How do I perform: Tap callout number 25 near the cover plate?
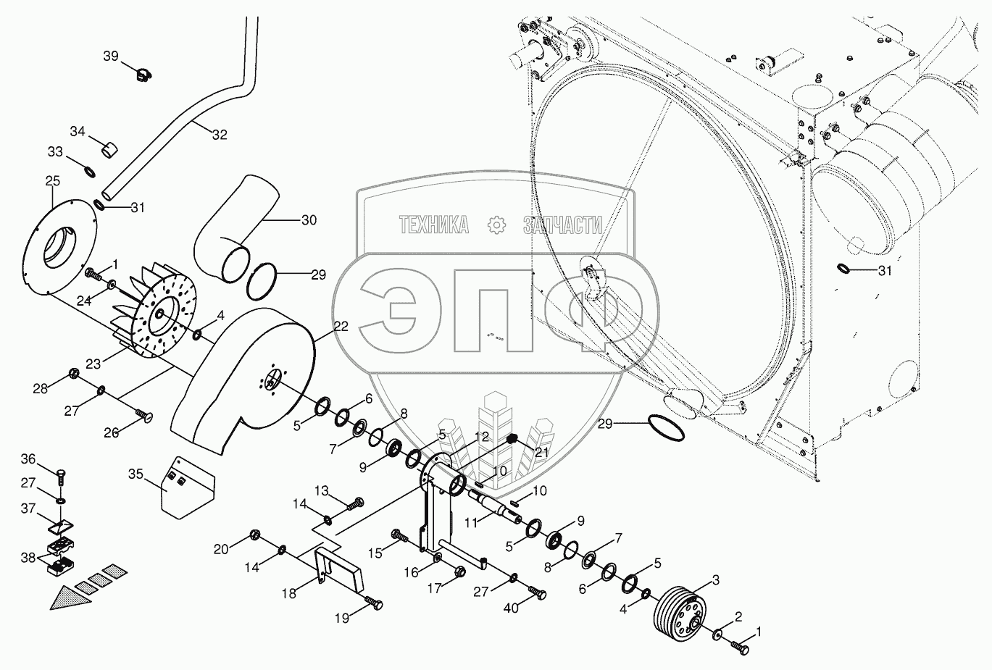coord(52,180)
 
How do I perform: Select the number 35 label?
coord(136,475)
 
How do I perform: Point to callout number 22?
coord(341,327)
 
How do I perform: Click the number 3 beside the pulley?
coord(715,579)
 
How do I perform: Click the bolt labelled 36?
coord(60,477)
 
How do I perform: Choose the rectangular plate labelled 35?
coord(187,486)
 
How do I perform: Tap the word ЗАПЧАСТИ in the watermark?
coord(562,226)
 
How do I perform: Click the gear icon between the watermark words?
coord(497,225)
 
